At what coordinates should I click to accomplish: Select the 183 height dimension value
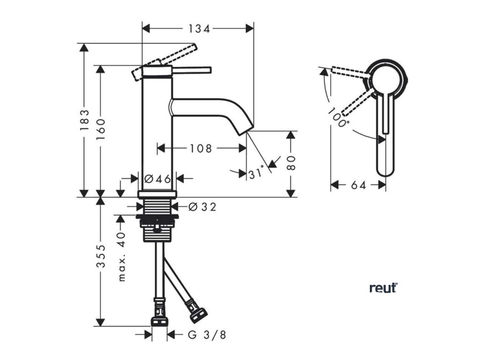click(x=84, y=120)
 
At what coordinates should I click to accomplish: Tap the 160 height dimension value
click(x=100, y=126)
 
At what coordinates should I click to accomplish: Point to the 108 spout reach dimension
click(x=201, y=149)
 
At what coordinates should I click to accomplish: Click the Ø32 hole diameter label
click(x=202, y=207)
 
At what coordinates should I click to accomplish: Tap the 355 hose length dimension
click(x=100, y=262)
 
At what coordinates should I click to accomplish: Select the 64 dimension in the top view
click(x=358, y=185)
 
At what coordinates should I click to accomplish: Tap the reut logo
click(x=383, y=288)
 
